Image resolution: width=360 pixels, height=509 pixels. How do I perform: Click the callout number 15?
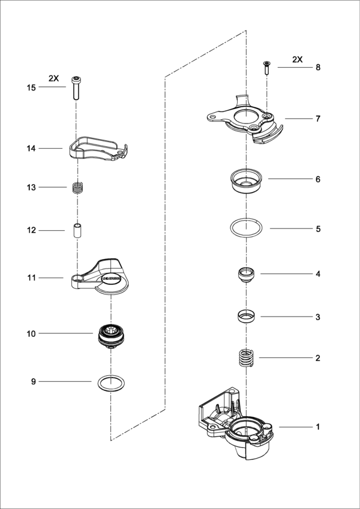(x=31, y=88)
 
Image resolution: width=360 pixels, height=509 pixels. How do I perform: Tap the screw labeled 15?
(x=76, y=88)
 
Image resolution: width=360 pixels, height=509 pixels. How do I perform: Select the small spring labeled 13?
(x=76, y=188)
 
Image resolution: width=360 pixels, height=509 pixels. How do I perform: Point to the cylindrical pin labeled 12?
(x=76, y=230)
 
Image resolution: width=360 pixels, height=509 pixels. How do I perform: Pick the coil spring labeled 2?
(x=245, y=359)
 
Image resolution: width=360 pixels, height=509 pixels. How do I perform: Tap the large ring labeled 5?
(x=245, y=228)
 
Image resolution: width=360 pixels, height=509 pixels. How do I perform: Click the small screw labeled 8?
(x=266, y=67)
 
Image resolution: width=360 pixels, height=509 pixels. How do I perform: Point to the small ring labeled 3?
(x=245, y=316)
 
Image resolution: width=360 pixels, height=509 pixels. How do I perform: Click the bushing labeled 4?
(x=245, y=276)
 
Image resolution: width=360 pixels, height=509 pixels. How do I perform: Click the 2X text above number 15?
(x=54, y=77)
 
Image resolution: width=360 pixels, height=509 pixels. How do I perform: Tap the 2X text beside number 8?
(x=298, y=59)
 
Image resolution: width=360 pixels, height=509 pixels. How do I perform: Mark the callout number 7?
(x=318, y=119)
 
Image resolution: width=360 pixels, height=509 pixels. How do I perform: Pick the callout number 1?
(x=318, y=427)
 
